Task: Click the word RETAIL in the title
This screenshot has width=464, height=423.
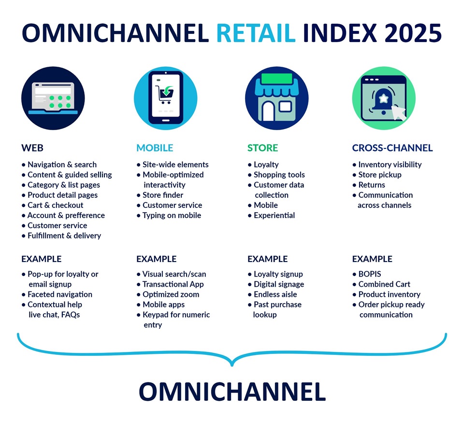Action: coord(256,33)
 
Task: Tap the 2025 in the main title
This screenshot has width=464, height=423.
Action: coord(413,33)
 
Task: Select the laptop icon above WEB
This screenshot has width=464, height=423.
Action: coord(53,99)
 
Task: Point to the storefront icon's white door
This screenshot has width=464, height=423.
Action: coord(268,111)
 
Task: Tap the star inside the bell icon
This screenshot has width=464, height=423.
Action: coord(383,98)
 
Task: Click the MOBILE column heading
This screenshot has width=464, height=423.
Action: coord(155,148)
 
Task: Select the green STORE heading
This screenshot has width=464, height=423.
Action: coord(263,148)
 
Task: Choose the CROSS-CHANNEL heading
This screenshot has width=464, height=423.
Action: coord(392,148)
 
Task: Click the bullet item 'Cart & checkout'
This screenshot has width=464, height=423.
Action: coord(55,205)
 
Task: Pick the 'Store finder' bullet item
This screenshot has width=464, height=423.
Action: coord(163,195)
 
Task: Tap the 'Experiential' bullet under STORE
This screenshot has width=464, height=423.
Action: coord(275,216)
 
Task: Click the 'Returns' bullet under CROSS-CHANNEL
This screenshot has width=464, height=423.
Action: coord(372,185)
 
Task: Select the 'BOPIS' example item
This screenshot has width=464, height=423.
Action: coord(370,274)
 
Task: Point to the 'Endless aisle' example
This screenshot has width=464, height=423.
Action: coord(275,294)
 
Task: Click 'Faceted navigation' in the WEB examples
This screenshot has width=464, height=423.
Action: coord(60,294)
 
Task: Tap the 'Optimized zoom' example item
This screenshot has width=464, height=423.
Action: coord(171,294)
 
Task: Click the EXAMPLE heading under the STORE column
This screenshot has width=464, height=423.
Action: coord(267,259)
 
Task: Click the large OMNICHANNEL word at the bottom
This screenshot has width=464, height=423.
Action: coord(232,392)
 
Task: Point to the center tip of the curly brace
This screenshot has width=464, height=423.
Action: coord(232,365)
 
